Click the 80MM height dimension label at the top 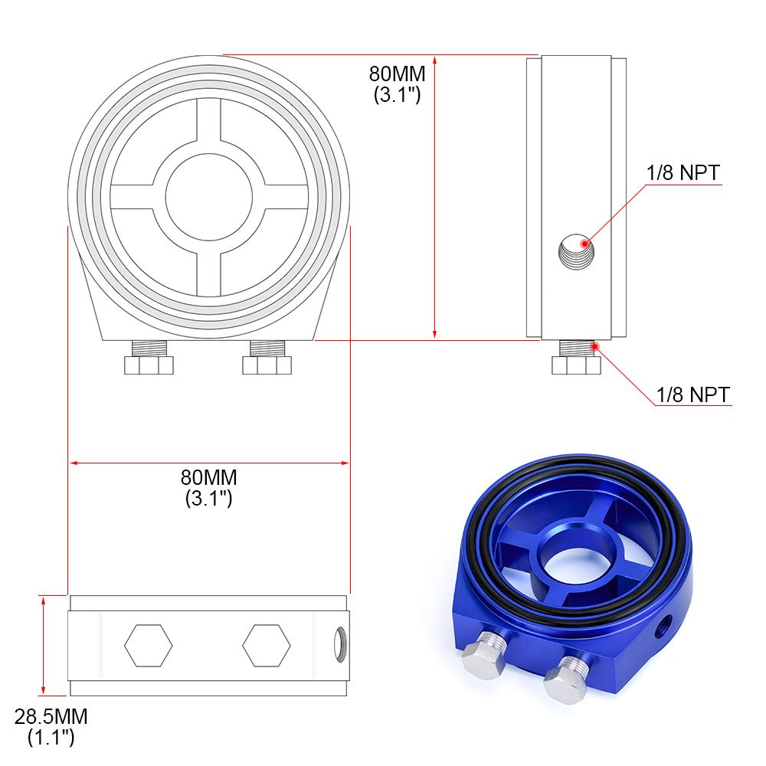click(x=396, y=84)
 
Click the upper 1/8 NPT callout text click(x=682, y=173)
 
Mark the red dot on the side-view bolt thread click(x=594, y=346)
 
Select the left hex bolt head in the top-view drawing click(x=149, y=365)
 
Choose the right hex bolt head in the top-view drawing click(x=267, y=365)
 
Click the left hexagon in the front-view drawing click(x=148, y=647)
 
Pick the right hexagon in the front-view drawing click(x=266, y=647)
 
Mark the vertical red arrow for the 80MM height click(x=435, y=197)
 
